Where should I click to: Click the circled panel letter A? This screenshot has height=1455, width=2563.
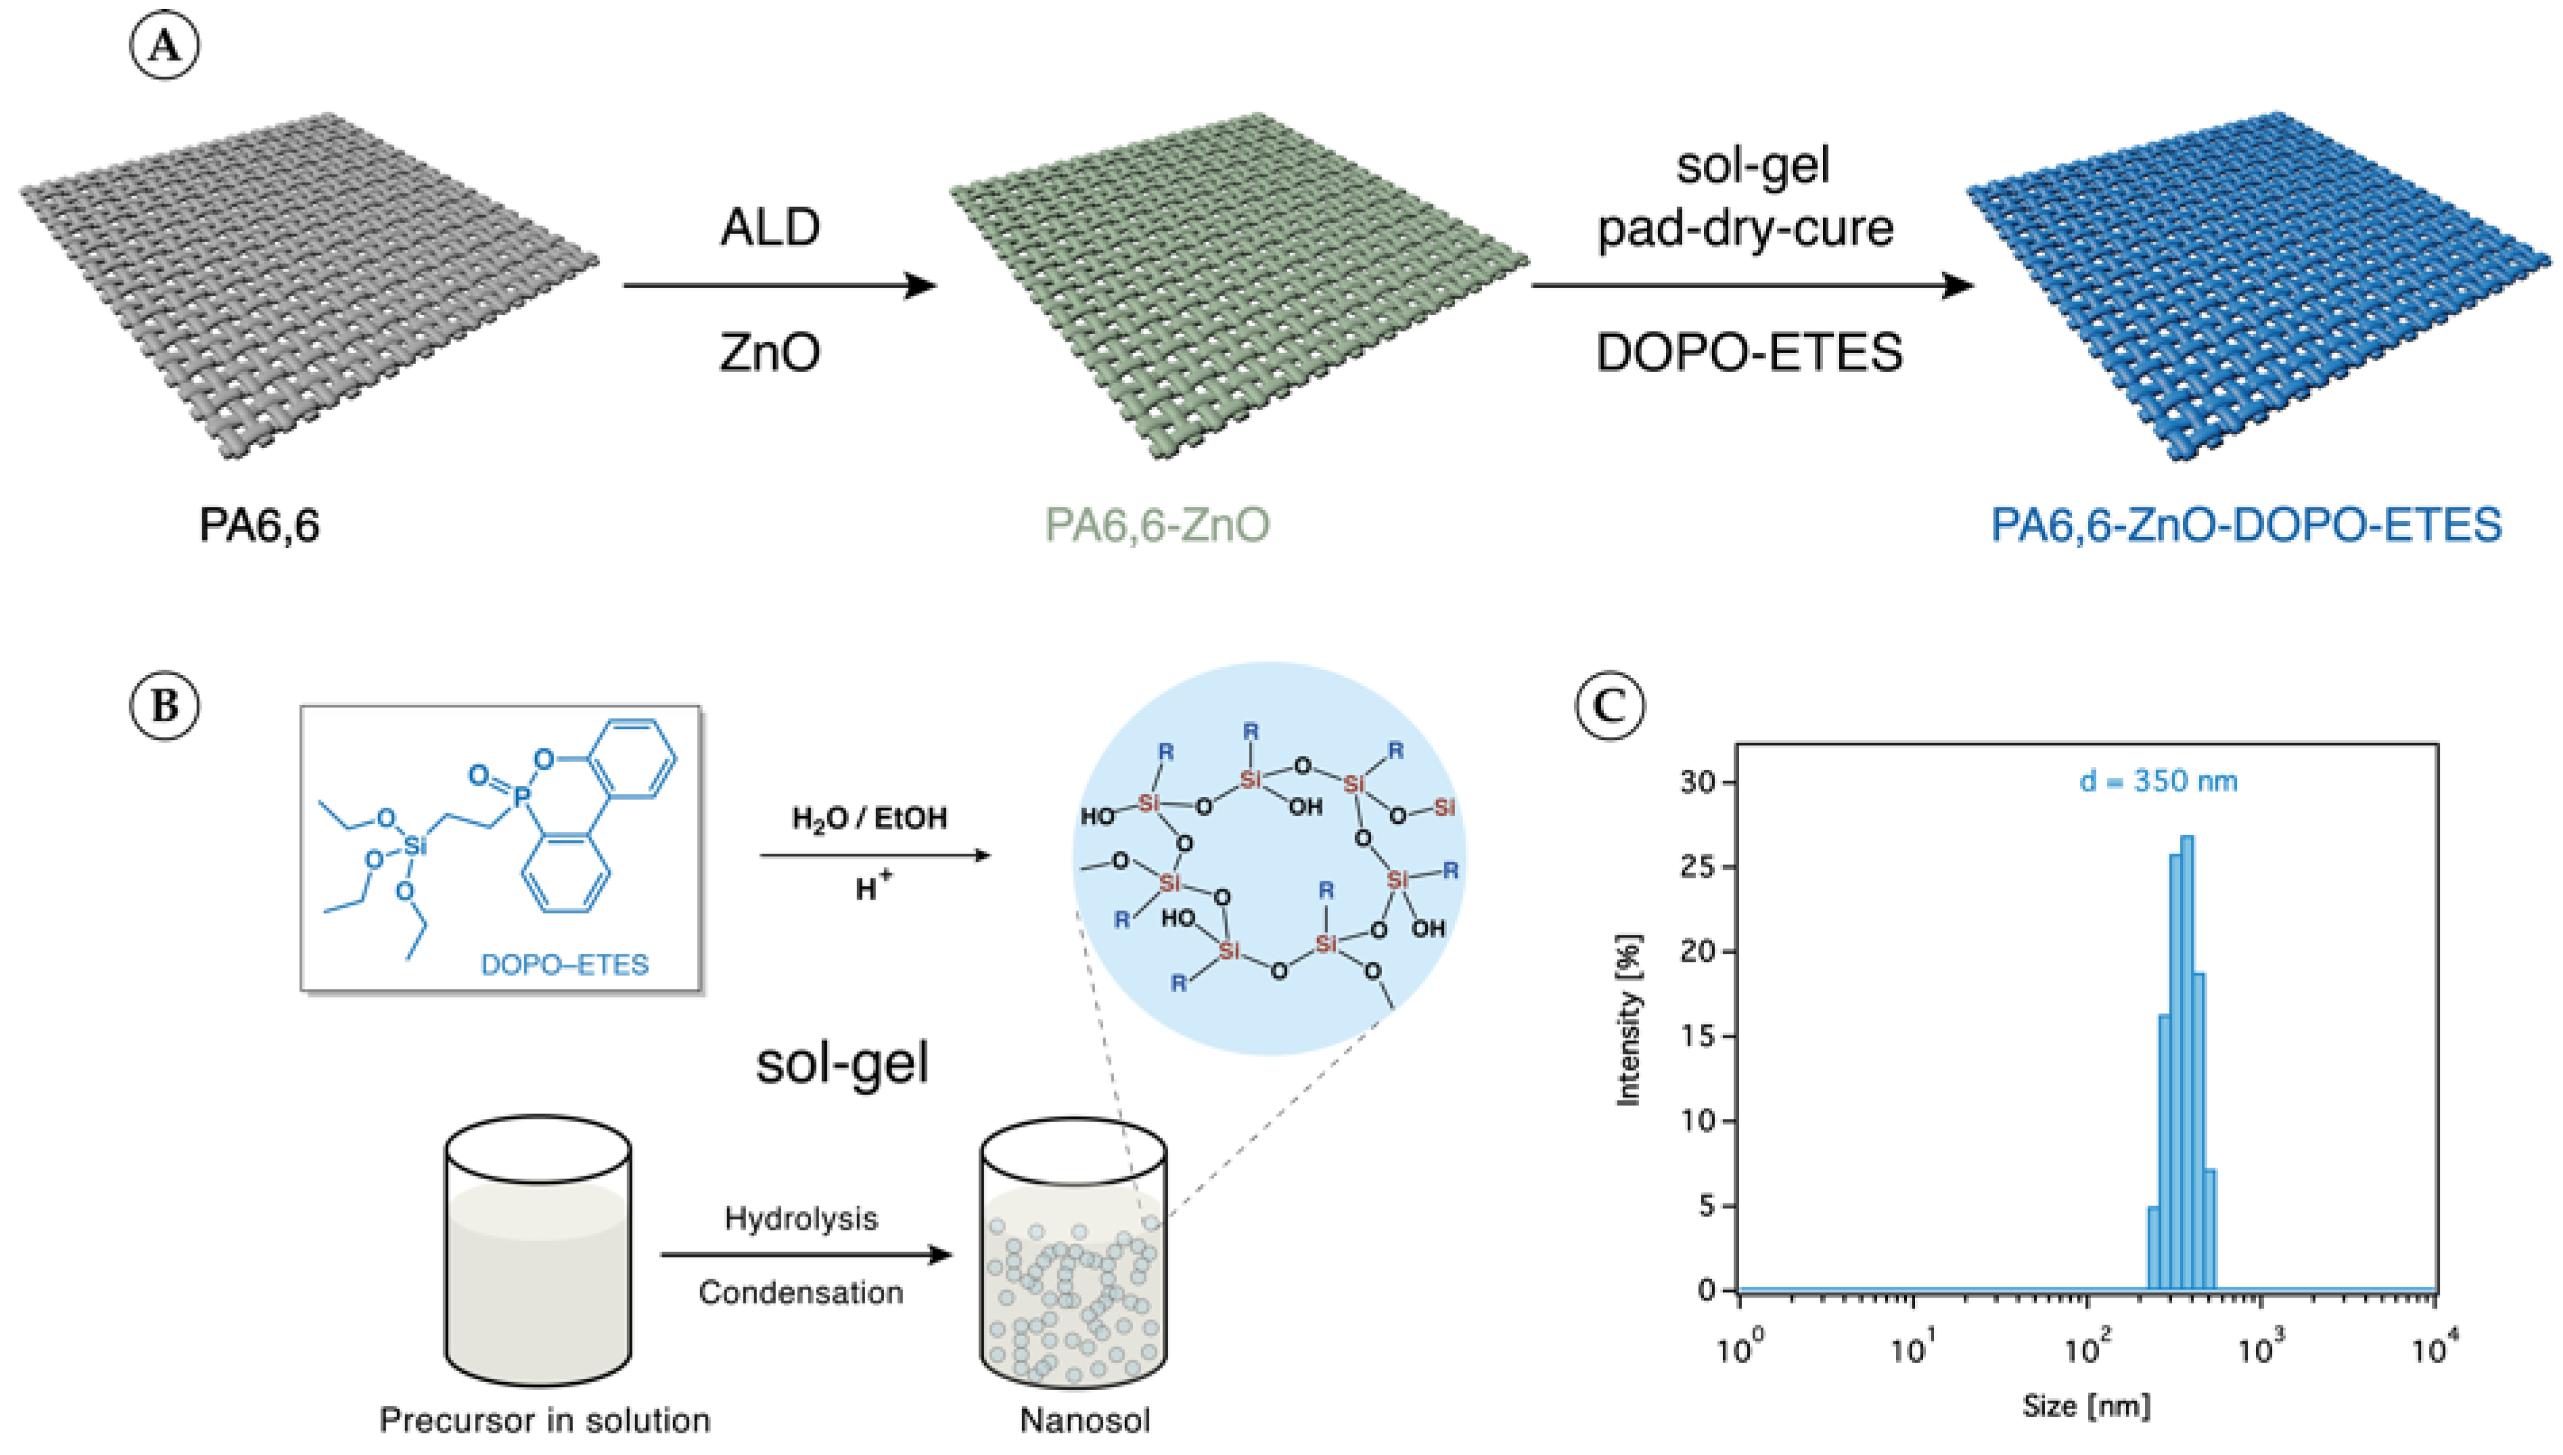click(165, 47)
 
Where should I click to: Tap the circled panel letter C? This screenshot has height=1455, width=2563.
click(1609, 706)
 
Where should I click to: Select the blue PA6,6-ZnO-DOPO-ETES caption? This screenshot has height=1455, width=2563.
click(2246, 526)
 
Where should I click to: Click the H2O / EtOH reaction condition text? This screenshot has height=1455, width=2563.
click(869, 819)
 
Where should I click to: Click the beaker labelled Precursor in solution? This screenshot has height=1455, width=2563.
click(538, 1254)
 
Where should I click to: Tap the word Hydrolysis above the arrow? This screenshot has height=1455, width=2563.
click(802, 1218)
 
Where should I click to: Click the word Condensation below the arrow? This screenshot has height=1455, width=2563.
click(802, 1292)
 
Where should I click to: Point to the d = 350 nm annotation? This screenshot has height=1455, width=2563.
click(2158, 781)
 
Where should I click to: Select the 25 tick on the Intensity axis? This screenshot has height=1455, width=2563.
click(1705, 867)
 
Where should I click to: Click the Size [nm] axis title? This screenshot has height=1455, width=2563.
click(2086, 1406)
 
